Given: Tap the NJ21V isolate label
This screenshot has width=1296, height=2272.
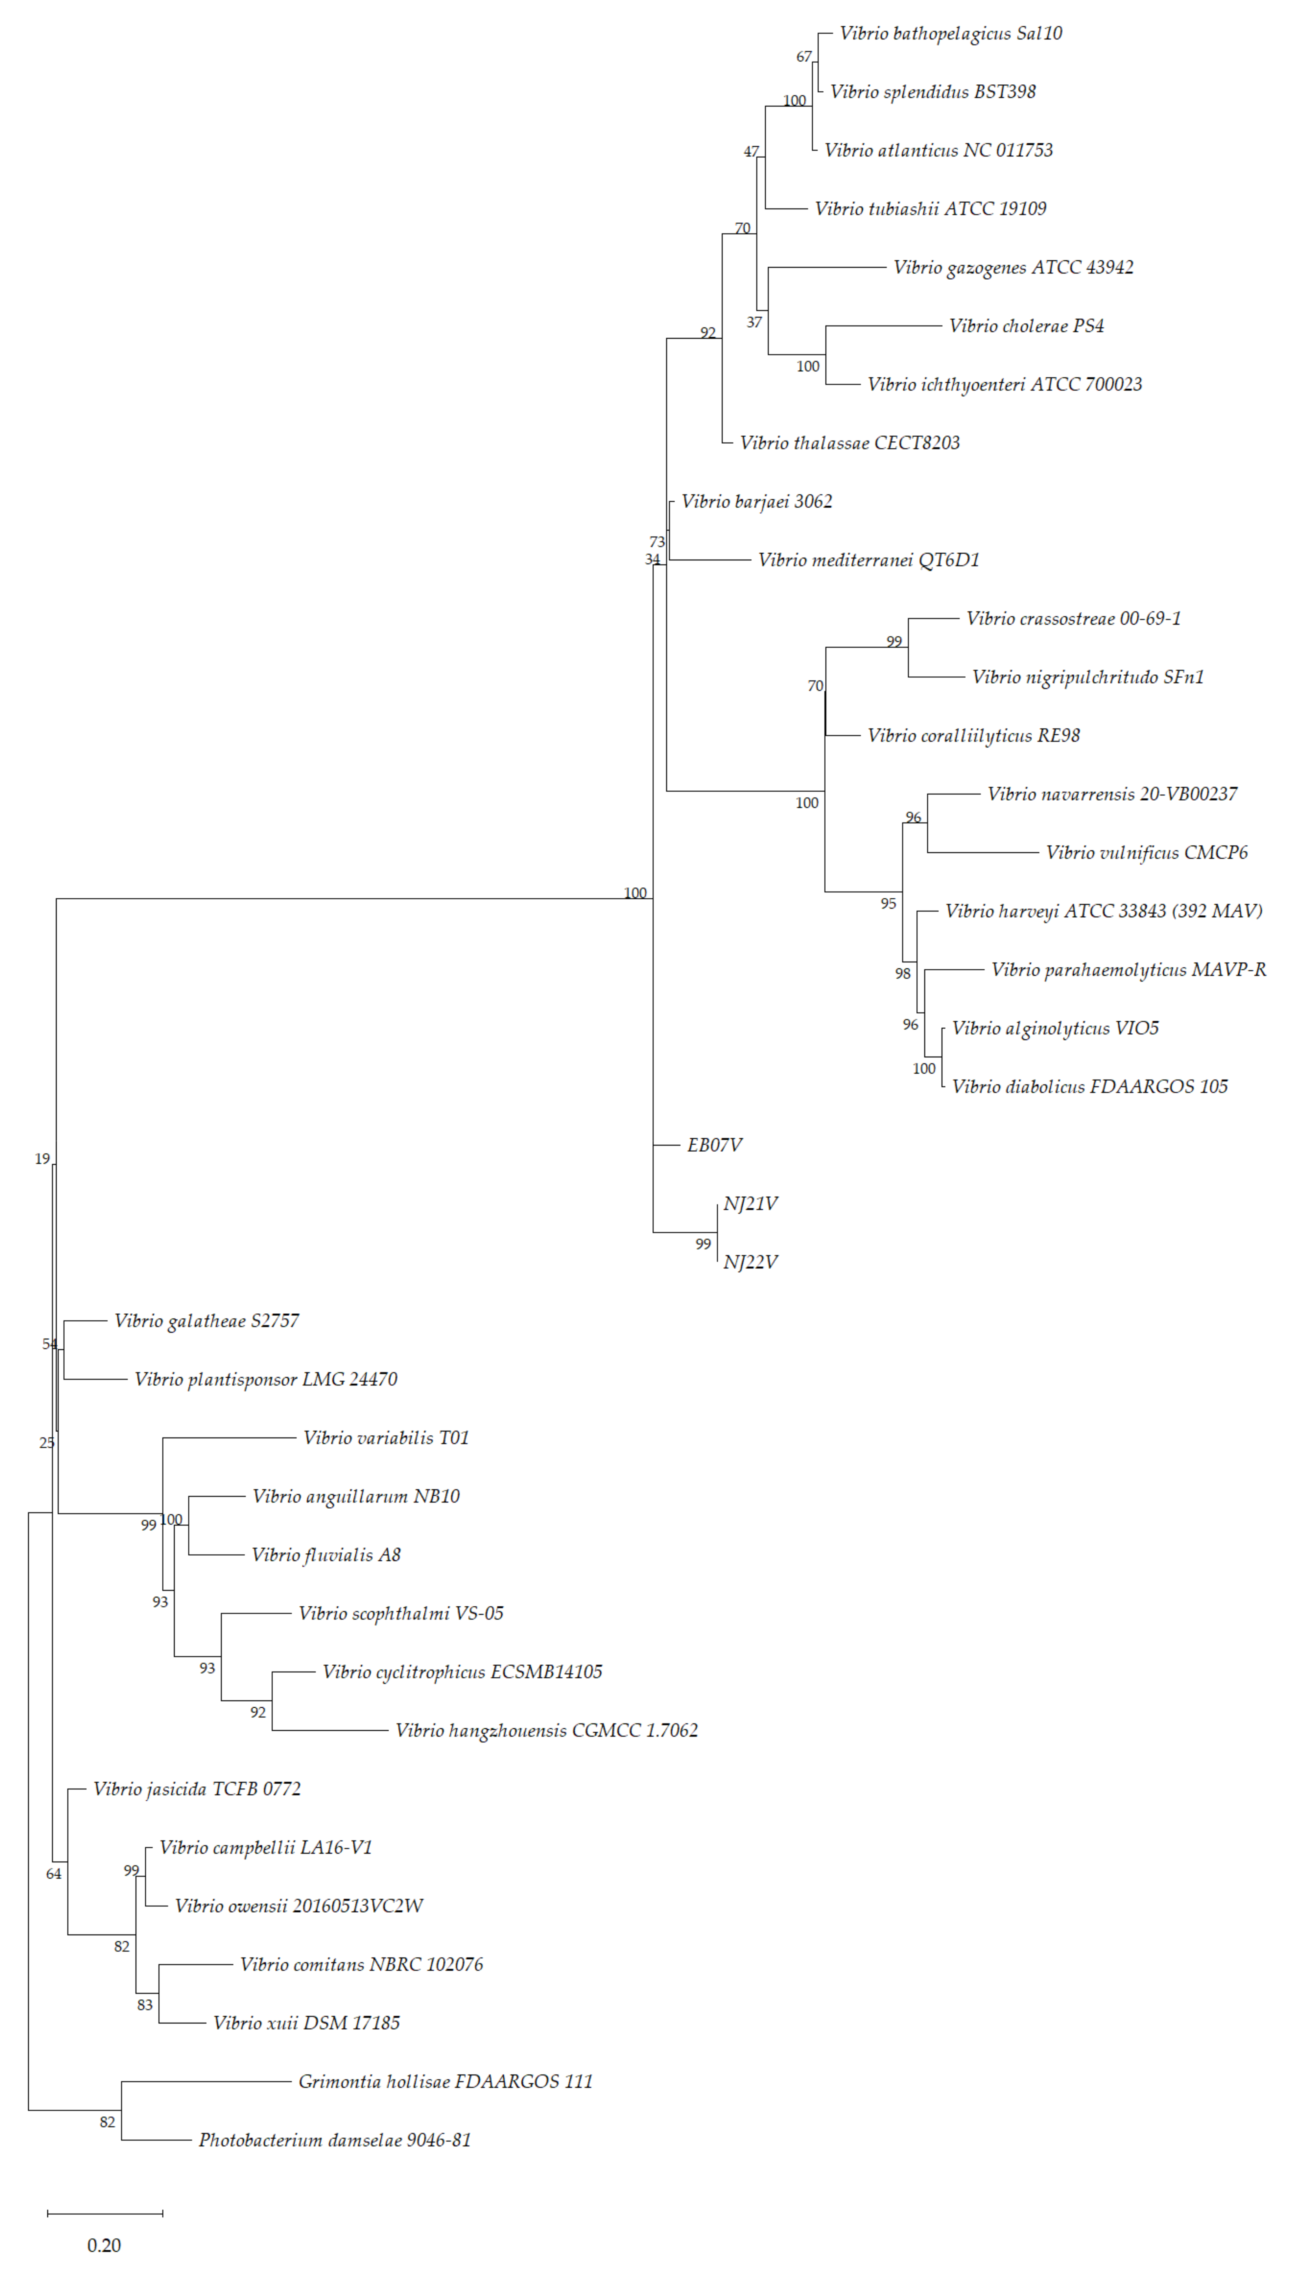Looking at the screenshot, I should click(x=750, y=1204).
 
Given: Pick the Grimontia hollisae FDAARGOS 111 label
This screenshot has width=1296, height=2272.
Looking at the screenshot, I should click(x=445, y=2081).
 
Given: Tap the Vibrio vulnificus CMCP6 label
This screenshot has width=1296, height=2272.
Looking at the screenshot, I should click(x=1147, y=852).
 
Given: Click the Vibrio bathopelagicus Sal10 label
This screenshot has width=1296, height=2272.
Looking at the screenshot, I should click(x=951, y=34).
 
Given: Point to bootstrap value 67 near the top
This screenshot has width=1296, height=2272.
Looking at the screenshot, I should click(x=804, y=57).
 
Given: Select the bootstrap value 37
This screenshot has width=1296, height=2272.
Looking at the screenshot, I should click(x=754, y=322).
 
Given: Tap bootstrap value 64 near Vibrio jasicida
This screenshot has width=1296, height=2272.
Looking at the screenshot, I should click(x=53, y=1874).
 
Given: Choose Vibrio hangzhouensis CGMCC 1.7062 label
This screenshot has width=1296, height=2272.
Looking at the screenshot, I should click(x=546, y=1731).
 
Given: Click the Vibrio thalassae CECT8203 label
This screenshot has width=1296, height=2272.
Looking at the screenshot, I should click(x=849, y=443).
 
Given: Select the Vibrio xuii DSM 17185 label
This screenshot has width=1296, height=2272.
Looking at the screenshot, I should click(x=306, y=2024).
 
